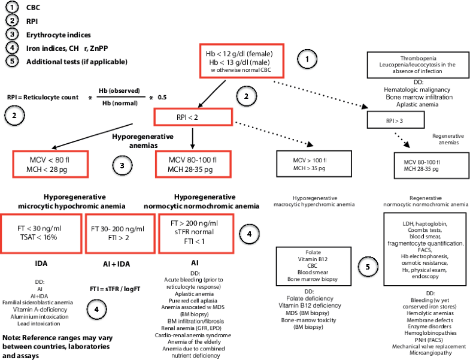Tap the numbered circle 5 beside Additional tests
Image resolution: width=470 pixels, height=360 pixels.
point(11,61)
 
